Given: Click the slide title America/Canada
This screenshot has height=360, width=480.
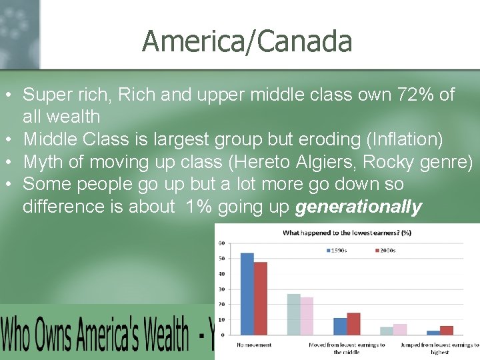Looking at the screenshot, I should click(x=247, y=41).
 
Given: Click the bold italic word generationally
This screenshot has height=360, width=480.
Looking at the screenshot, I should click(x=358, y=207).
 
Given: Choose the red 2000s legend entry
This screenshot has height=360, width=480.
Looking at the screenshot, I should click(x=385, y=250).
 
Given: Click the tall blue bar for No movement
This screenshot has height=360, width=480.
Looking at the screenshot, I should click(x=247, y=293).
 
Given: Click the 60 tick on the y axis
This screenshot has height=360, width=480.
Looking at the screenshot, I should click(x=221, y=243).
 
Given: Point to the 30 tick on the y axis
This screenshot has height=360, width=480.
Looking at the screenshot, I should click(x=221, y=289).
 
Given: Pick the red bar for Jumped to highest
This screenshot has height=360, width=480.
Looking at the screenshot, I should click(x=447, y=330).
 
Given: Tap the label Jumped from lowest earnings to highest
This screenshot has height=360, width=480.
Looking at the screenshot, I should click(x=439, y=348).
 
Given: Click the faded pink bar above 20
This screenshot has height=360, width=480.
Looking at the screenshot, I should click(x=307, y=316).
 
